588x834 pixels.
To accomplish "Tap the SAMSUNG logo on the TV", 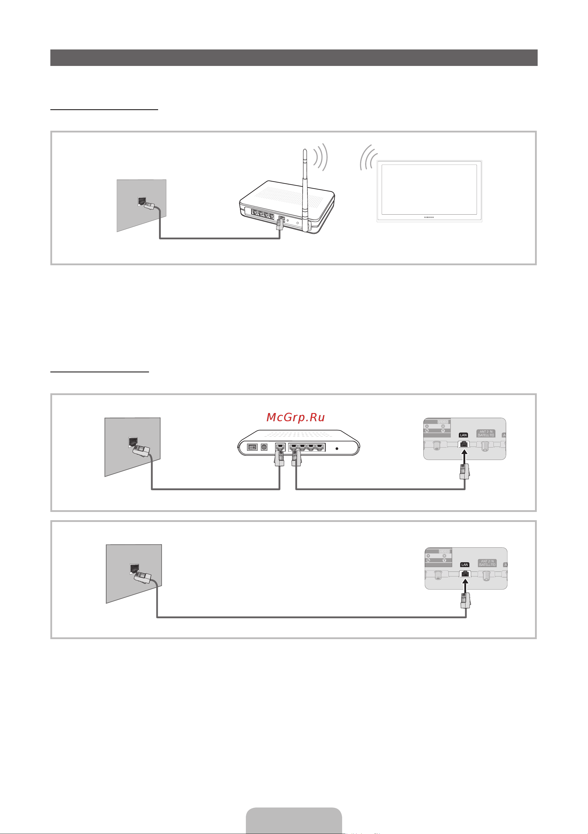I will tap(429, 217).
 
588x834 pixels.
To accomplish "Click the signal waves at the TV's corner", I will tap(367, 158).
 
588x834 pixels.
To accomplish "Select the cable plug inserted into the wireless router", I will tap(279, 223).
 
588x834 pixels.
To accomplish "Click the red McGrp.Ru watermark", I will tap(295, 417).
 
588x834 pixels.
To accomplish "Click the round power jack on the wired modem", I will tap(264, 447).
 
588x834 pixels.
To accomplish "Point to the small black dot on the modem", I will tap(337, 449).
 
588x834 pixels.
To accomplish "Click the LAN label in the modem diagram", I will tap(463, 435).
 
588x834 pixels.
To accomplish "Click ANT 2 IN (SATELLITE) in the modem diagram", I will tap(486, 433).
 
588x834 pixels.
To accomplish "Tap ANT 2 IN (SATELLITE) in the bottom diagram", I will tap(487, 563).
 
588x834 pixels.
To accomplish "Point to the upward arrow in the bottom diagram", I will tap(466, 586).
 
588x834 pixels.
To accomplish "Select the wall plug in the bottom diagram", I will tap(143, 577).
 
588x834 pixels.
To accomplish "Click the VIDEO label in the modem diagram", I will tap(443, 422).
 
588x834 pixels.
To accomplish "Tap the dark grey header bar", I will tap(294, 58).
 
